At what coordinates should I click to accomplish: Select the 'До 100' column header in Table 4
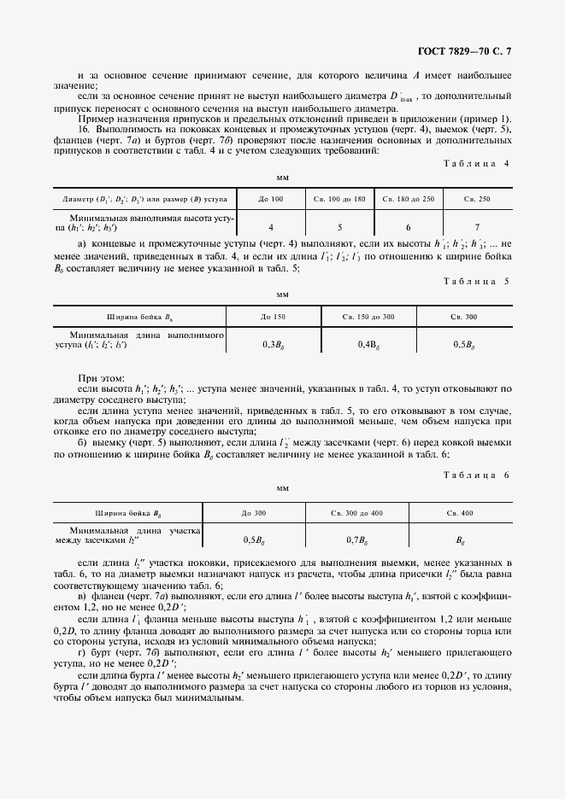271,199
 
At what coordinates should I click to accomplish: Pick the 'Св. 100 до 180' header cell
338,199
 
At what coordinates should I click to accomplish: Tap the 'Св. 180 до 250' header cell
409,199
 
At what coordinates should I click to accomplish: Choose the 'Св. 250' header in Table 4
477,199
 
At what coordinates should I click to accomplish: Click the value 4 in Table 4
271,227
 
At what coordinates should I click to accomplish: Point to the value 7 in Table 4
477,227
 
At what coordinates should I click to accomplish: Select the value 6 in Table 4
409,227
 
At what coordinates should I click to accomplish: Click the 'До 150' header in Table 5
273,317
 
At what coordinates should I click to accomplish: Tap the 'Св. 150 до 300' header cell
368,317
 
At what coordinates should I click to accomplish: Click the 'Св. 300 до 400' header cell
357,512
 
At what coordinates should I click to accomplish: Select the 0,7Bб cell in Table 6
357,539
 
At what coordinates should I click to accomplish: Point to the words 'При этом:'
102,376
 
